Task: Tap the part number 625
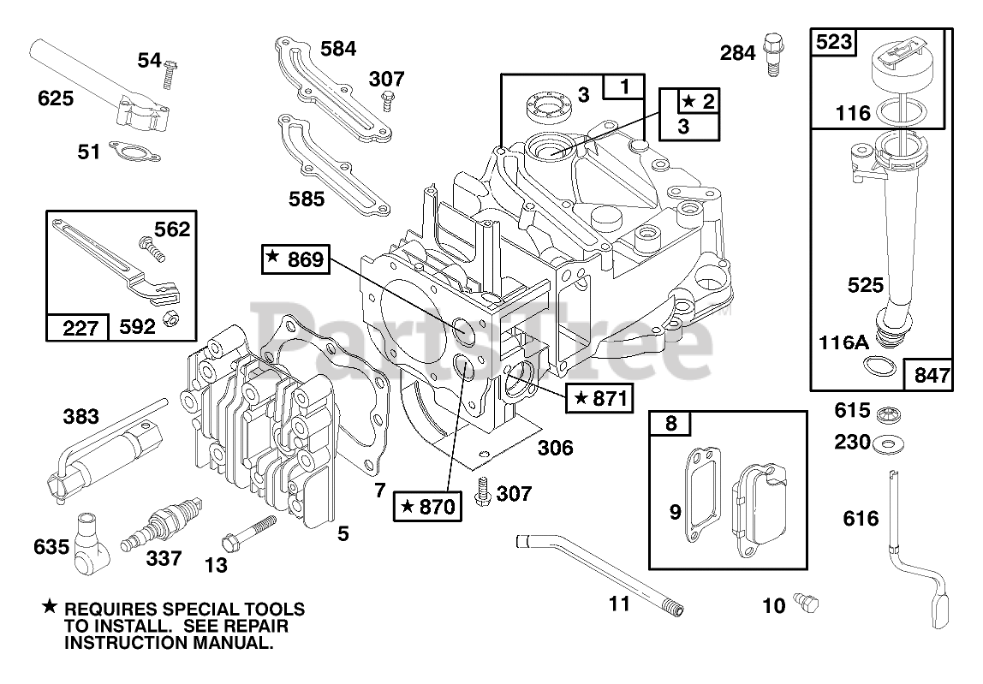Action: pyautogui.click(x=55, y=98)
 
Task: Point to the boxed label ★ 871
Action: pyautogui.click(x=600, y=397)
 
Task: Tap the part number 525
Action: pyautogui.click(x=865, y=285)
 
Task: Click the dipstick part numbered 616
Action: pyautogui.click(x=919, y=550)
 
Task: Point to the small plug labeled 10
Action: pyautogui.click(x=807, y=603)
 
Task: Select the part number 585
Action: pyautogui.click(x=307, y=199)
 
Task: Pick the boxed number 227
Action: pyautogui.click(x=80, y=327)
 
